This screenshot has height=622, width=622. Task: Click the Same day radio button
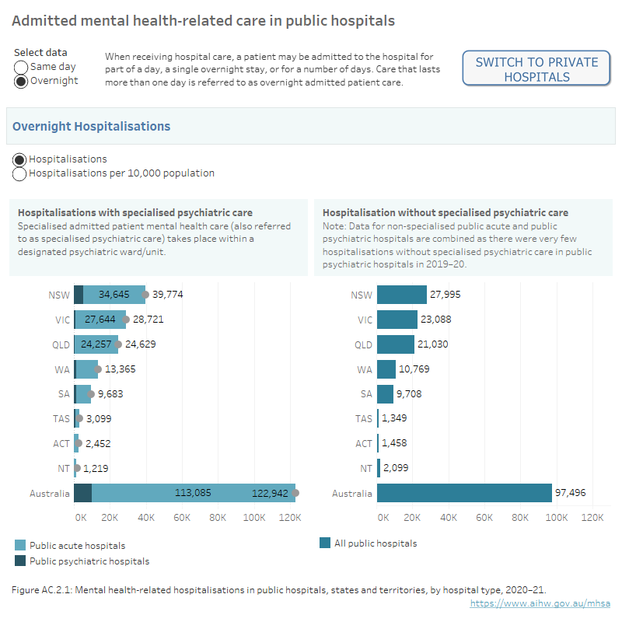(x=22, y=68)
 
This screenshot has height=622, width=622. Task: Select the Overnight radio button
(x=22, y=81)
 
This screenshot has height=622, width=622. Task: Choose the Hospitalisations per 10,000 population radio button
(x=20, y=173)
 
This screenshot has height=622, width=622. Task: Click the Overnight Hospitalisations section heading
(x=91, y=127)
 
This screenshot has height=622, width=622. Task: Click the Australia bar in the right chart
(x=464, y=493)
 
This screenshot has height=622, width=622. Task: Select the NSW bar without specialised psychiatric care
(x=402, y=295)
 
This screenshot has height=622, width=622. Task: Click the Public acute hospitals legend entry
(x=77, y=546)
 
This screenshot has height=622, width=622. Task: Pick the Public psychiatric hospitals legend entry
(x=89, y=561)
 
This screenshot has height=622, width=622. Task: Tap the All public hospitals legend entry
(x=375, y=543)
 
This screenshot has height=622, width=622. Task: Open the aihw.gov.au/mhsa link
(x=541, y=603)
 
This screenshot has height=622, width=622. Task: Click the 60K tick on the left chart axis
(x=182, y=517)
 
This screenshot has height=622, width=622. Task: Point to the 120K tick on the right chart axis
(x=592, y=517)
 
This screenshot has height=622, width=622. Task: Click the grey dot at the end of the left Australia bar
(x=295, y=493)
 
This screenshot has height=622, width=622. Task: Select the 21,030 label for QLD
(x=434, y=344)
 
